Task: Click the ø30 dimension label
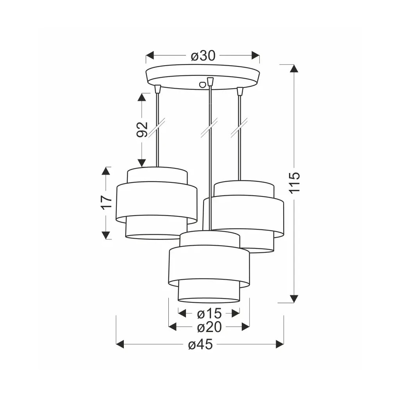point(203,55)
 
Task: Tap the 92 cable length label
point(142,129)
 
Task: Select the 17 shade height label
point(106,203)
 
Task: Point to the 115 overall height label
point(295,183)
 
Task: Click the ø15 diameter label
point(209,314)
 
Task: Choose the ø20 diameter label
point(209,327)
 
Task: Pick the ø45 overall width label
point(200,345)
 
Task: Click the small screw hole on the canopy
point(202,84)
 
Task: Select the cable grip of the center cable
point(210,82)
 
